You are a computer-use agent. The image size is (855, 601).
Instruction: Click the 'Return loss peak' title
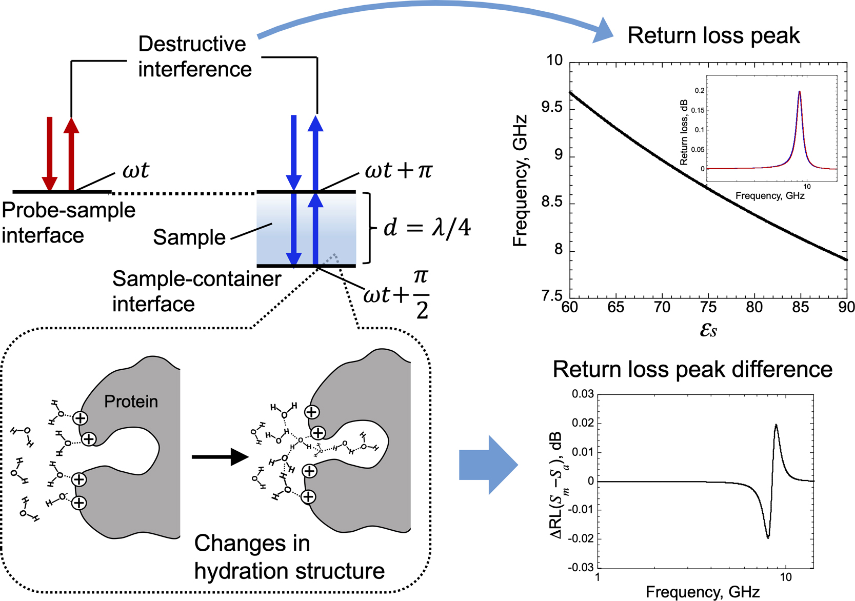pos(713,36)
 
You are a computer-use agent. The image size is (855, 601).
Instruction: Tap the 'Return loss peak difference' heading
pos(692,370)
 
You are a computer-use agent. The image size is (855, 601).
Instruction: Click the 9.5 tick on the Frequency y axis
pos(552,108)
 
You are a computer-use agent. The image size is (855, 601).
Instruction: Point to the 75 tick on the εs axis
pos(708,307)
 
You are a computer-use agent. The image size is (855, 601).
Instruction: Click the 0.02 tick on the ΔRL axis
pos(583,423)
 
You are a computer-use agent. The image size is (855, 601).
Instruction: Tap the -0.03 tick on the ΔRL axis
pos(581,568)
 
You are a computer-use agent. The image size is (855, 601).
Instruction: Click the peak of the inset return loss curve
pos(799,92)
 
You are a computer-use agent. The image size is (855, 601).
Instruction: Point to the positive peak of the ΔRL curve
pos(776,425)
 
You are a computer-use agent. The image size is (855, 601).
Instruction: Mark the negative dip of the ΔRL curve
pos(768,537)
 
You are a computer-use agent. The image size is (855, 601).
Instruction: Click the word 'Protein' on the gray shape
pos(131,402)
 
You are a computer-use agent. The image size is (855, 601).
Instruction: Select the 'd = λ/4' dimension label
pos(427,228)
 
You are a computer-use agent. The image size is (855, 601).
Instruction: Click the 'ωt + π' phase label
pos(399,170)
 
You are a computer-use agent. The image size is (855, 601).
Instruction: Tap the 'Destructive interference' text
pos(194,57)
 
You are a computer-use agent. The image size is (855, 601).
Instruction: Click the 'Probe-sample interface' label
pos(68,223)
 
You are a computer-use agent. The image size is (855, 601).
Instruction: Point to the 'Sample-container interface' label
pos(196,291)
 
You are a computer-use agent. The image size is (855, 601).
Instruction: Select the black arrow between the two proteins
pos(220,456)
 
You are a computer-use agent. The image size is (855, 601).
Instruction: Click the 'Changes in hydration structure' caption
pos(289,557)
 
